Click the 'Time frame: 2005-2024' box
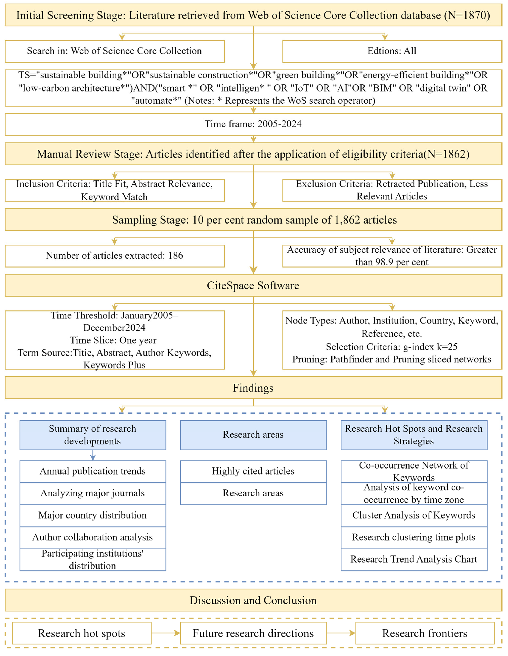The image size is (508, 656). (x=253, y=124)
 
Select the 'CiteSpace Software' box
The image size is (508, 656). (x=253, y=285)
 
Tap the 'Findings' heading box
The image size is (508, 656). (x=253, y=388)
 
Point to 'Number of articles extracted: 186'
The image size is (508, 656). (x=114, y=256)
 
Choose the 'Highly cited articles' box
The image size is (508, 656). (x=253, y=471)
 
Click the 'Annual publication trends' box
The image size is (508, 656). (x=92, y=471)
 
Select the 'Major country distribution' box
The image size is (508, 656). (x=92, y=515)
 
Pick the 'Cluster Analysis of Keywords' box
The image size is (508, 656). (x=414, y=515)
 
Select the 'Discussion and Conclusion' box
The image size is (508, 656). (x=253, y=600)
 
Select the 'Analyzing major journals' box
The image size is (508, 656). (x=92, y=493)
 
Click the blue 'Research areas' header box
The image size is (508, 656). (x=253, y=435)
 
